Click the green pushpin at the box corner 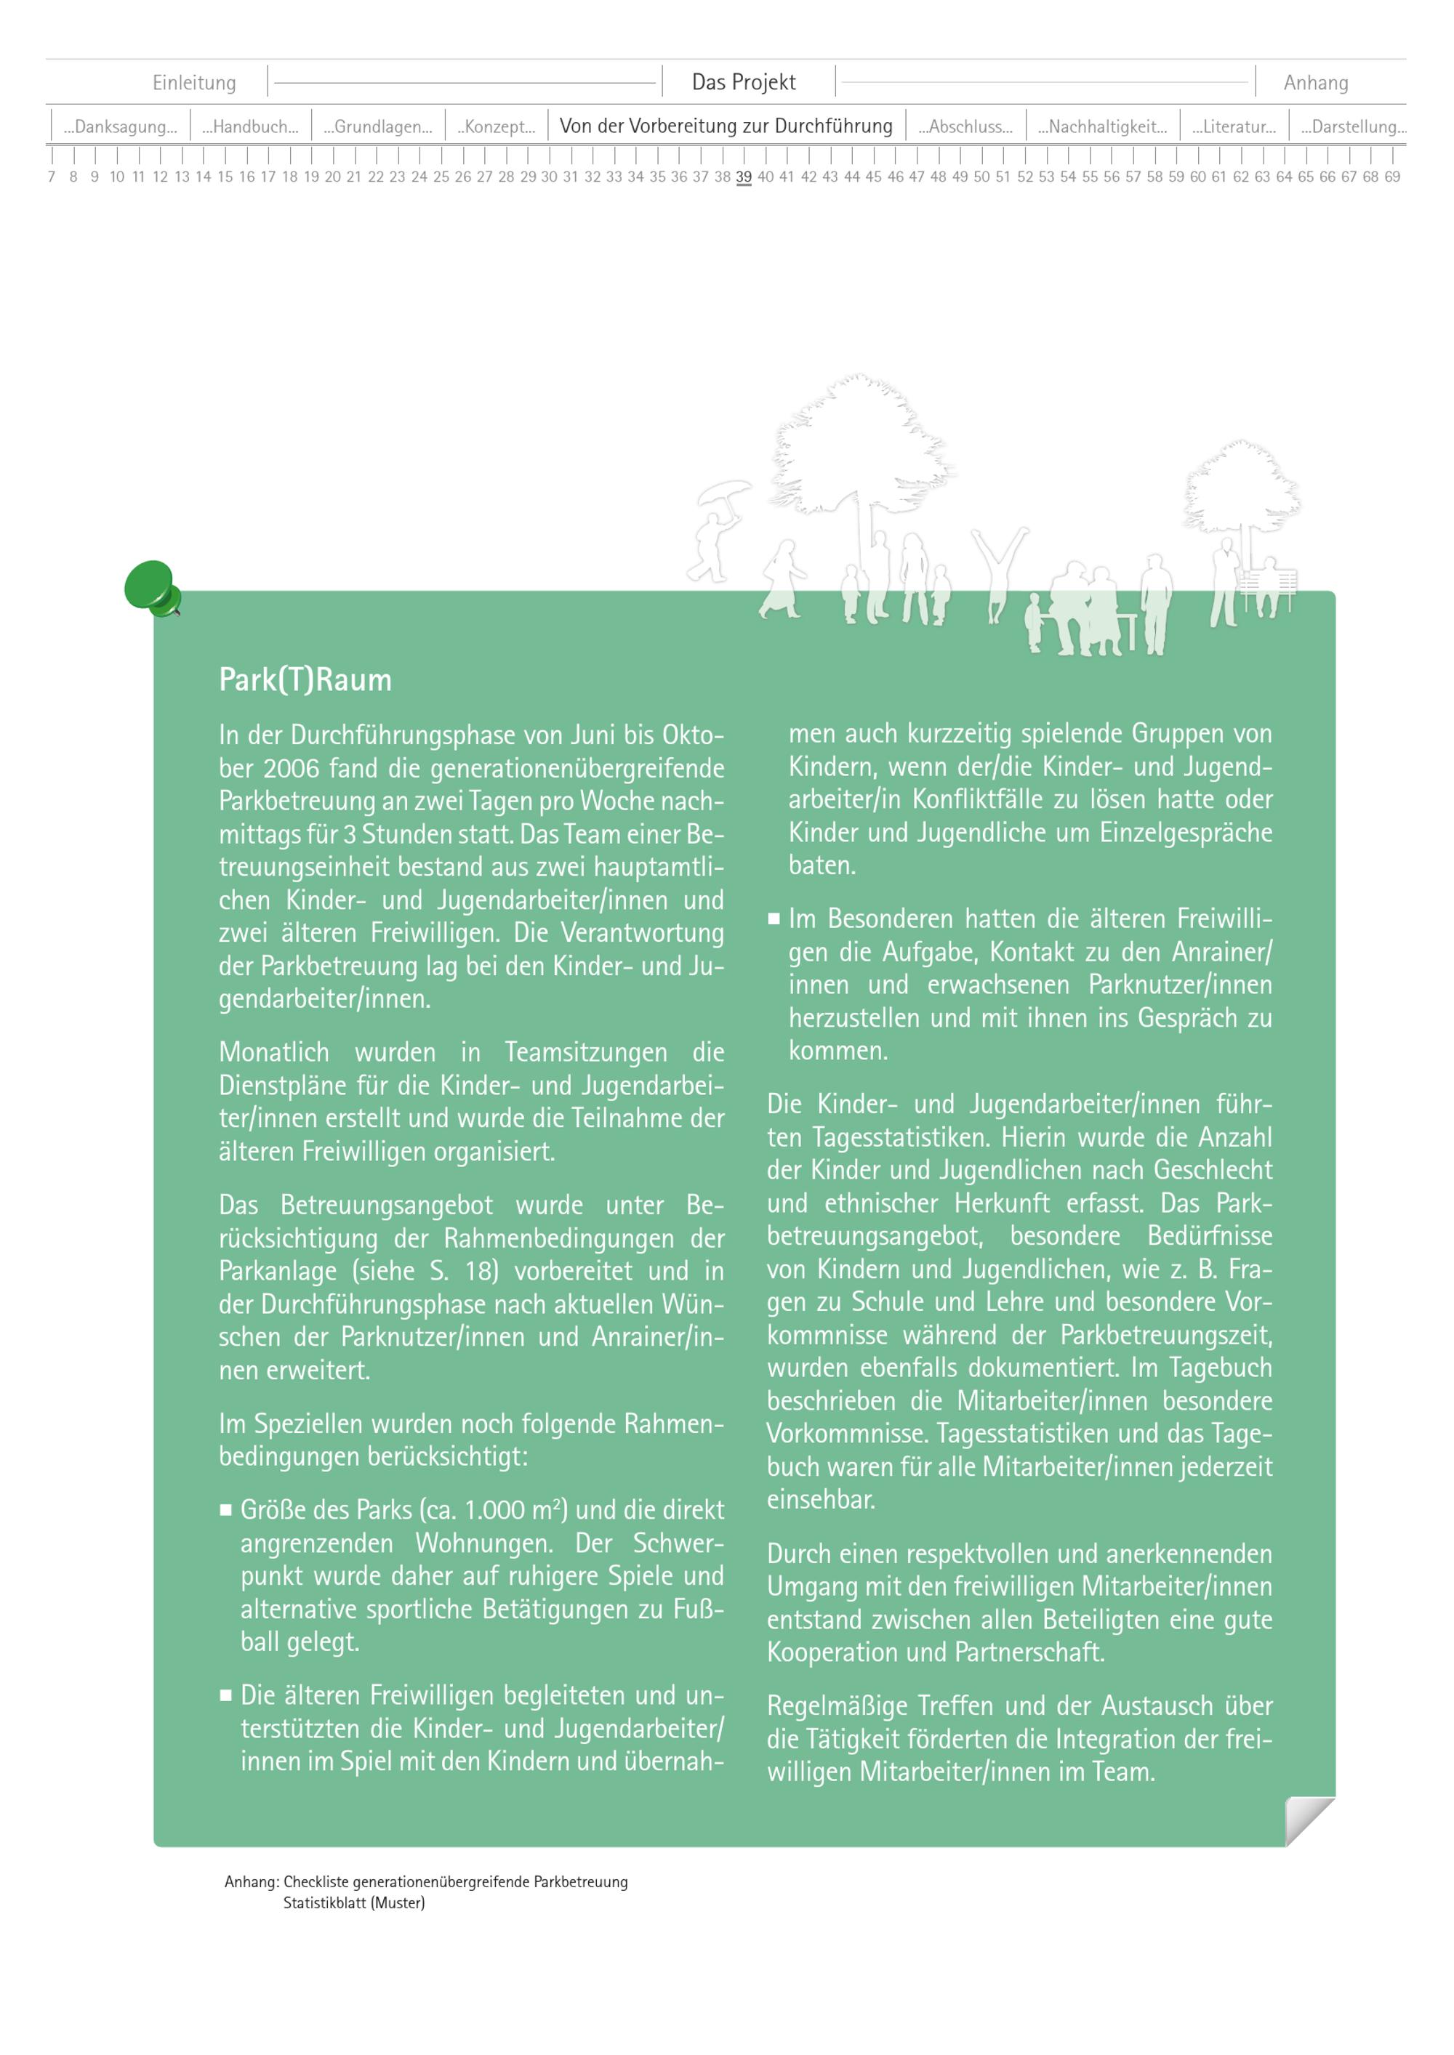(151, 587)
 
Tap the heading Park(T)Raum (305, 680)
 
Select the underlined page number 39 (743, 177)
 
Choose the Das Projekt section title (743, 82)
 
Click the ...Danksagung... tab (121, 127)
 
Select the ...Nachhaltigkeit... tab (1102, 127)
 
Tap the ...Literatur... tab (1234, 127)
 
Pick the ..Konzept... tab (497, 127)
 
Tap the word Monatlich (274, 1052)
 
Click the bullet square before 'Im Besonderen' (774, 919)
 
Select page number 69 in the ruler (1391, 177)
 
